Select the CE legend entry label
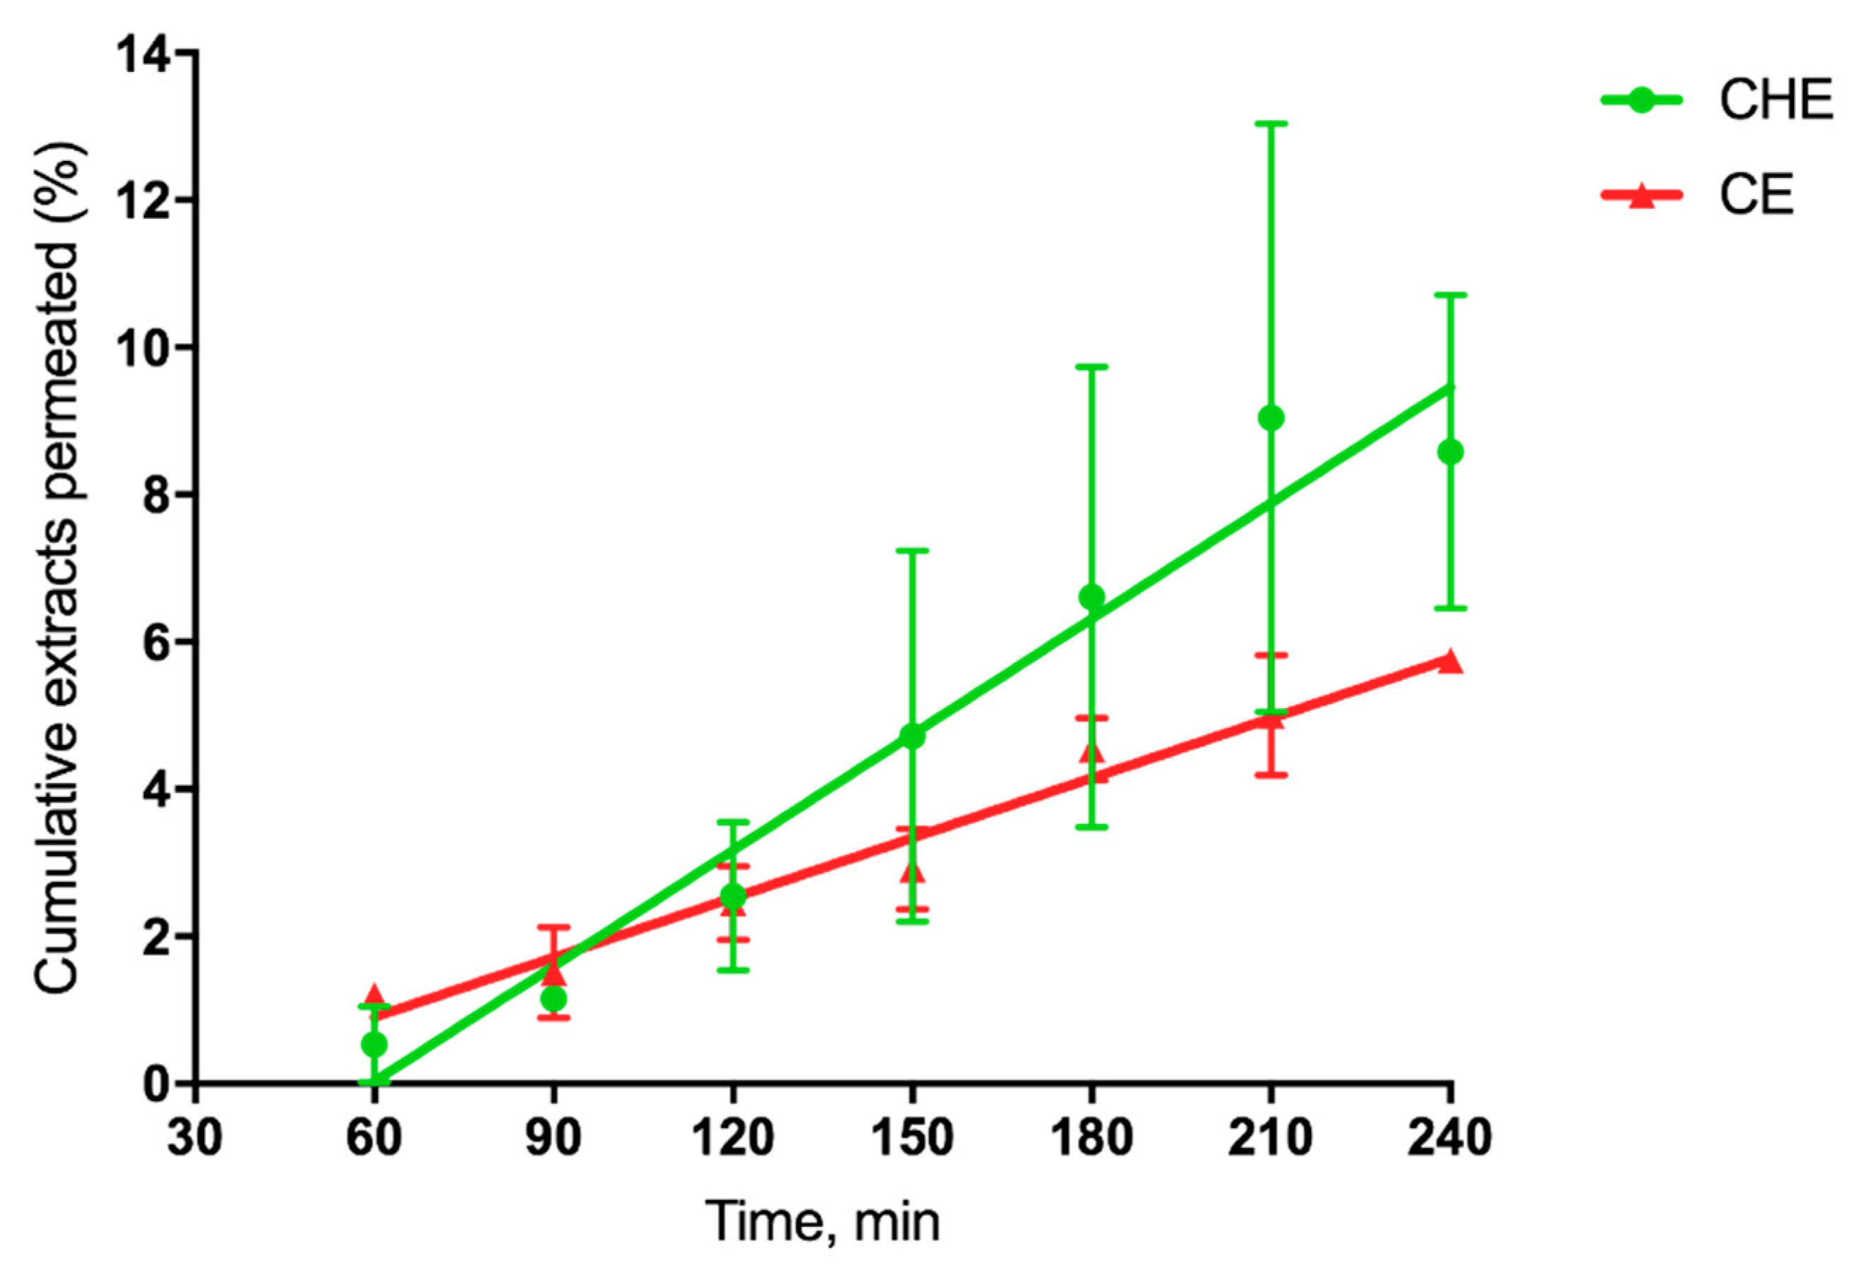tap(1755, 195)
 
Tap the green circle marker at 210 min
tap(1271, 418)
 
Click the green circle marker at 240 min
tap(1450, 453)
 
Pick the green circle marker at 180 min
tap(1091, 597)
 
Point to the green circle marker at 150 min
tap(912, 736)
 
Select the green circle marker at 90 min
tap(553, 998)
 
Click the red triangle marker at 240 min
tap(1450, 661)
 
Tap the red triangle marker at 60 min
tap(374, 995)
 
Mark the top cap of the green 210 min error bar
tap(1271, 124)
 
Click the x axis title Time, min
tap(822, 1223)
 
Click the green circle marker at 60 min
tap(374, 1044)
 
